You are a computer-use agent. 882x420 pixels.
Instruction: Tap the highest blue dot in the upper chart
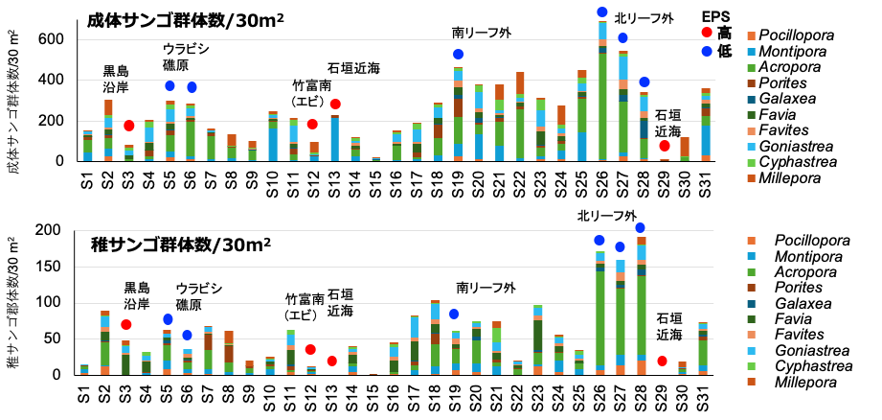coord(602,12)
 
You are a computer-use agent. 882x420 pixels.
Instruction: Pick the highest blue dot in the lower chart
coord(640,228)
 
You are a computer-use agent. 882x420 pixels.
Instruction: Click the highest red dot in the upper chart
coord(707,33)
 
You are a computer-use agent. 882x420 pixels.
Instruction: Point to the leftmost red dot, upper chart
coord(129,126)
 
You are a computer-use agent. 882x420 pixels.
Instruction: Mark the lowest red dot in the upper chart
coord(665,146)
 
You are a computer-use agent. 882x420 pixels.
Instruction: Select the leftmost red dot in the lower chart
coord(126,325)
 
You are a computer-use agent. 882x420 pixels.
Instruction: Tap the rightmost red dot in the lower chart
coord(662,362)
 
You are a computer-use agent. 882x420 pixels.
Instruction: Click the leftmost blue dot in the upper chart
coord(170,86)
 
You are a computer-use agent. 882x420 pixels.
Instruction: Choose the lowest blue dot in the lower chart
coord(187,336)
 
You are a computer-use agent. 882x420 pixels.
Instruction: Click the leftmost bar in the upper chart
coord(88,146)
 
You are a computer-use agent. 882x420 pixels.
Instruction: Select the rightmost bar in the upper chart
coord(706,125)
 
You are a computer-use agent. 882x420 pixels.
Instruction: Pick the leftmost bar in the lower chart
coord(84,369)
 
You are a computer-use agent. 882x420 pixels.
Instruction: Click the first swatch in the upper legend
coord(751,36)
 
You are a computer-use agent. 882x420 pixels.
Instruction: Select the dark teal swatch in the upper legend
coord(751,100)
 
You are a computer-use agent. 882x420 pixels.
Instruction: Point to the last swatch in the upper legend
coord(751,178)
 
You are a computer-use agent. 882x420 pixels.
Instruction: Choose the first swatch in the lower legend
coord(751,241)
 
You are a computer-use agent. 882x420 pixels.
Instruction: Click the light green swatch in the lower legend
coord(751,366)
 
